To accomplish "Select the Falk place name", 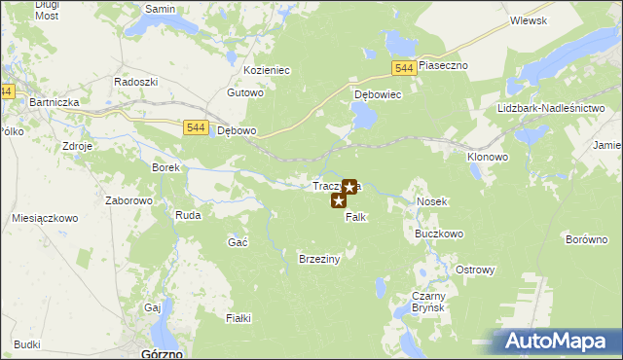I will pos(355,217).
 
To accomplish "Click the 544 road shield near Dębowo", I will pos(195,127).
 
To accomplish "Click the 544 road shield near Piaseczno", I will pos(407,67).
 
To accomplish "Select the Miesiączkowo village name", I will pos(45,219).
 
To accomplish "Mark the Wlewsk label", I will pos(528,20).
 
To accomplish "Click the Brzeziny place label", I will pos(318,259).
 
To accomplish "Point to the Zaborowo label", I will pos(129,201).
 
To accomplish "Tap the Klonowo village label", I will pos(488,156).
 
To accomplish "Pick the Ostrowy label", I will pos(476,270).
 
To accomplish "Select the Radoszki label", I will pos(136,83).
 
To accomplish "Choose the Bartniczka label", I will pos(55,101).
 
